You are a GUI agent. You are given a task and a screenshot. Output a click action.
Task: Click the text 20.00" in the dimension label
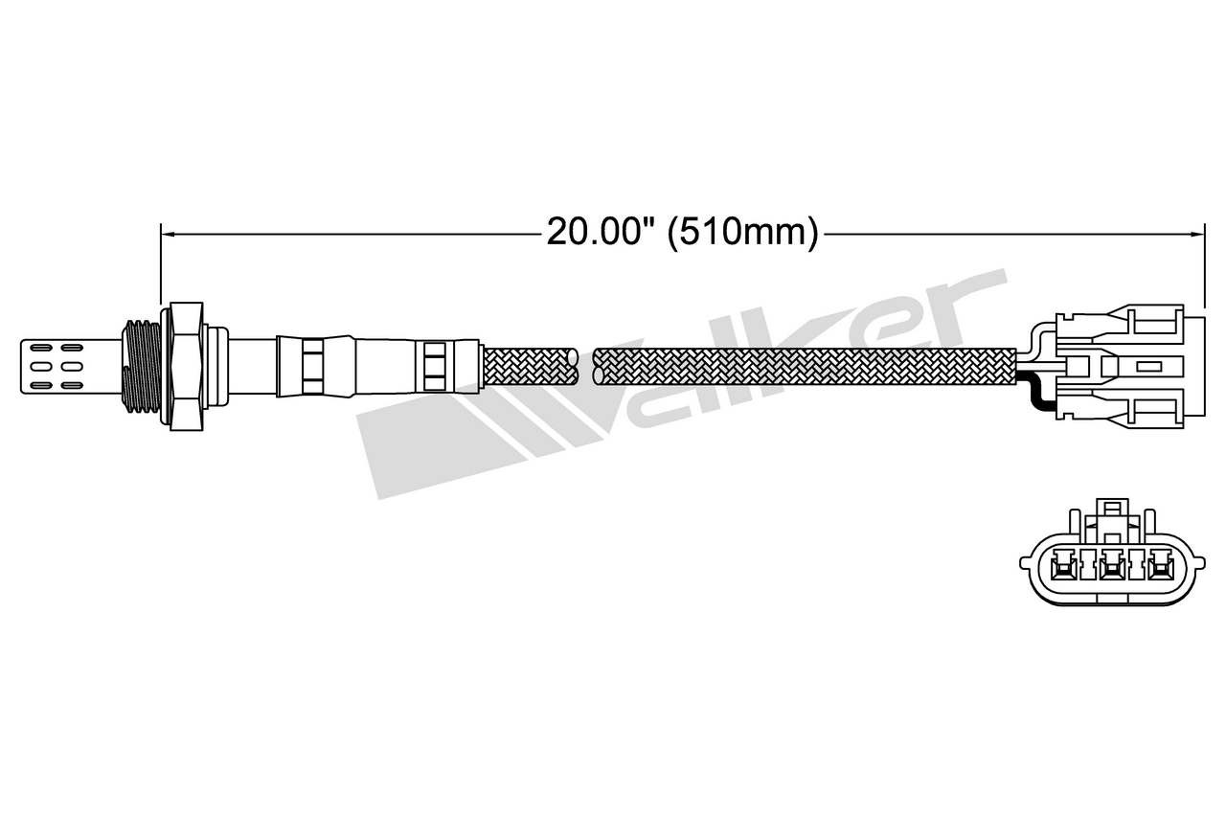[595, 232]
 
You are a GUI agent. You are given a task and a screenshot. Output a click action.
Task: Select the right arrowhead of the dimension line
[1198, 235]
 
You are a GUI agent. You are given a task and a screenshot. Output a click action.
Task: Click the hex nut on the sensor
[186, 366]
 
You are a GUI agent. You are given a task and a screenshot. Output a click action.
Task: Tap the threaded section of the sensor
[141, 366]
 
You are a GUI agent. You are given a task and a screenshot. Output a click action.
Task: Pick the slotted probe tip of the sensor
[71, 366]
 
